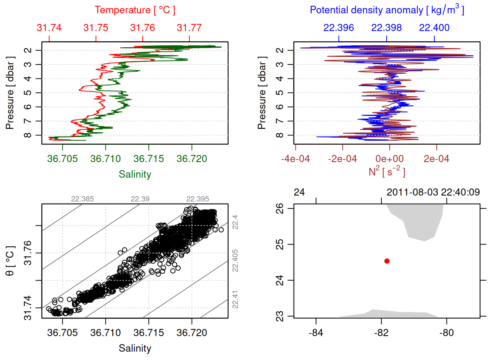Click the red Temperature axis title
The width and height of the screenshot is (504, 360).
click(135, 10)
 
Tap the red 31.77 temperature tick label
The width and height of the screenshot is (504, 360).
click(189, 28)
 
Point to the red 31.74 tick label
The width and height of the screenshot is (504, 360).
click(49, 28)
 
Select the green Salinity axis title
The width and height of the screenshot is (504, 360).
click(135, 174)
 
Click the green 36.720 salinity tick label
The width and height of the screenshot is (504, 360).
click(192, 159)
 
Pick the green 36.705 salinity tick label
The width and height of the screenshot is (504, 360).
click(62, 159)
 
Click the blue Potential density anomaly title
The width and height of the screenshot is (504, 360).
click(387, 10)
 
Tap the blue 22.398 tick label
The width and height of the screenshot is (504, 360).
click(386, 28)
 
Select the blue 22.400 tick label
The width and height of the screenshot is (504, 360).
click(434, 28)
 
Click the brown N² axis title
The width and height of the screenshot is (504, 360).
click(387, 172)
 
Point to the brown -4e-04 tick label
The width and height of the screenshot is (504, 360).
click(295, 159)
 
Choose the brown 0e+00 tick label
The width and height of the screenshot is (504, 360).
click(390, 159)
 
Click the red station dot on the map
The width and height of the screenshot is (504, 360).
click(387, 261)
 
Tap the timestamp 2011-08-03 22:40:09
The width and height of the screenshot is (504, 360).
click(433, 192)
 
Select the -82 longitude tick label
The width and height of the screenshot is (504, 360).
click(381, 333)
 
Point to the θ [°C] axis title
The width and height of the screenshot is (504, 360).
click(10, 261)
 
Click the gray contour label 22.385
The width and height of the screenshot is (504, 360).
click(82, 199)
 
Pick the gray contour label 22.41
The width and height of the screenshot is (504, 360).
click(235, 299)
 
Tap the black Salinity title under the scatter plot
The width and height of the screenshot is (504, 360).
click(135, 348)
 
